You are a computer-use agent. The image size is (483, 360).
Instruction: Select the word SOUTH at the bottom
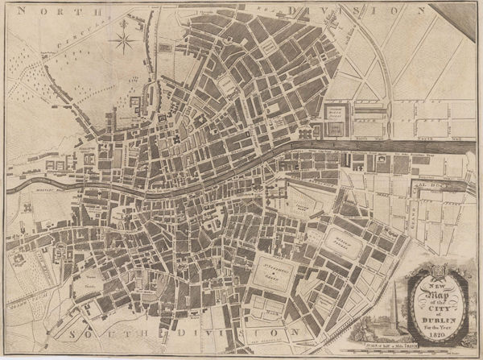click(98, 333)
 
